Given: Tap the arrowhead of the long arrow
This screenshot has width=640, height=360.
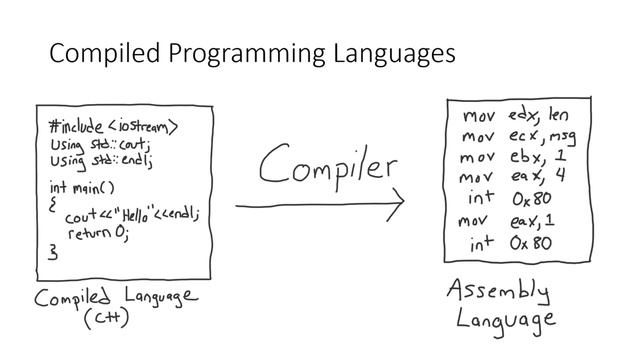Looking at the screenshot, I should click(399, 207).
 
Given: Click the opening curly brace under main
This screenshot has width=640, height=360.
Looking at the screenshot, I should click(53, 202).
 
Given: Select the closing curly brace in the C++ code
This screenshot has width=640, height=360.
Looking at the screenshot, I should click(53, 252).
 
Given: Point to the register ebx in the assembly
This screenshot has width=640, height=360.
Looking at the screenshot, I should click(524, 158).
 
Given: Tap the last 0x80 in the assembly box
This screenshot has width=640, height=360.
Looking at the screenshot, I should click(529, 243).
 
